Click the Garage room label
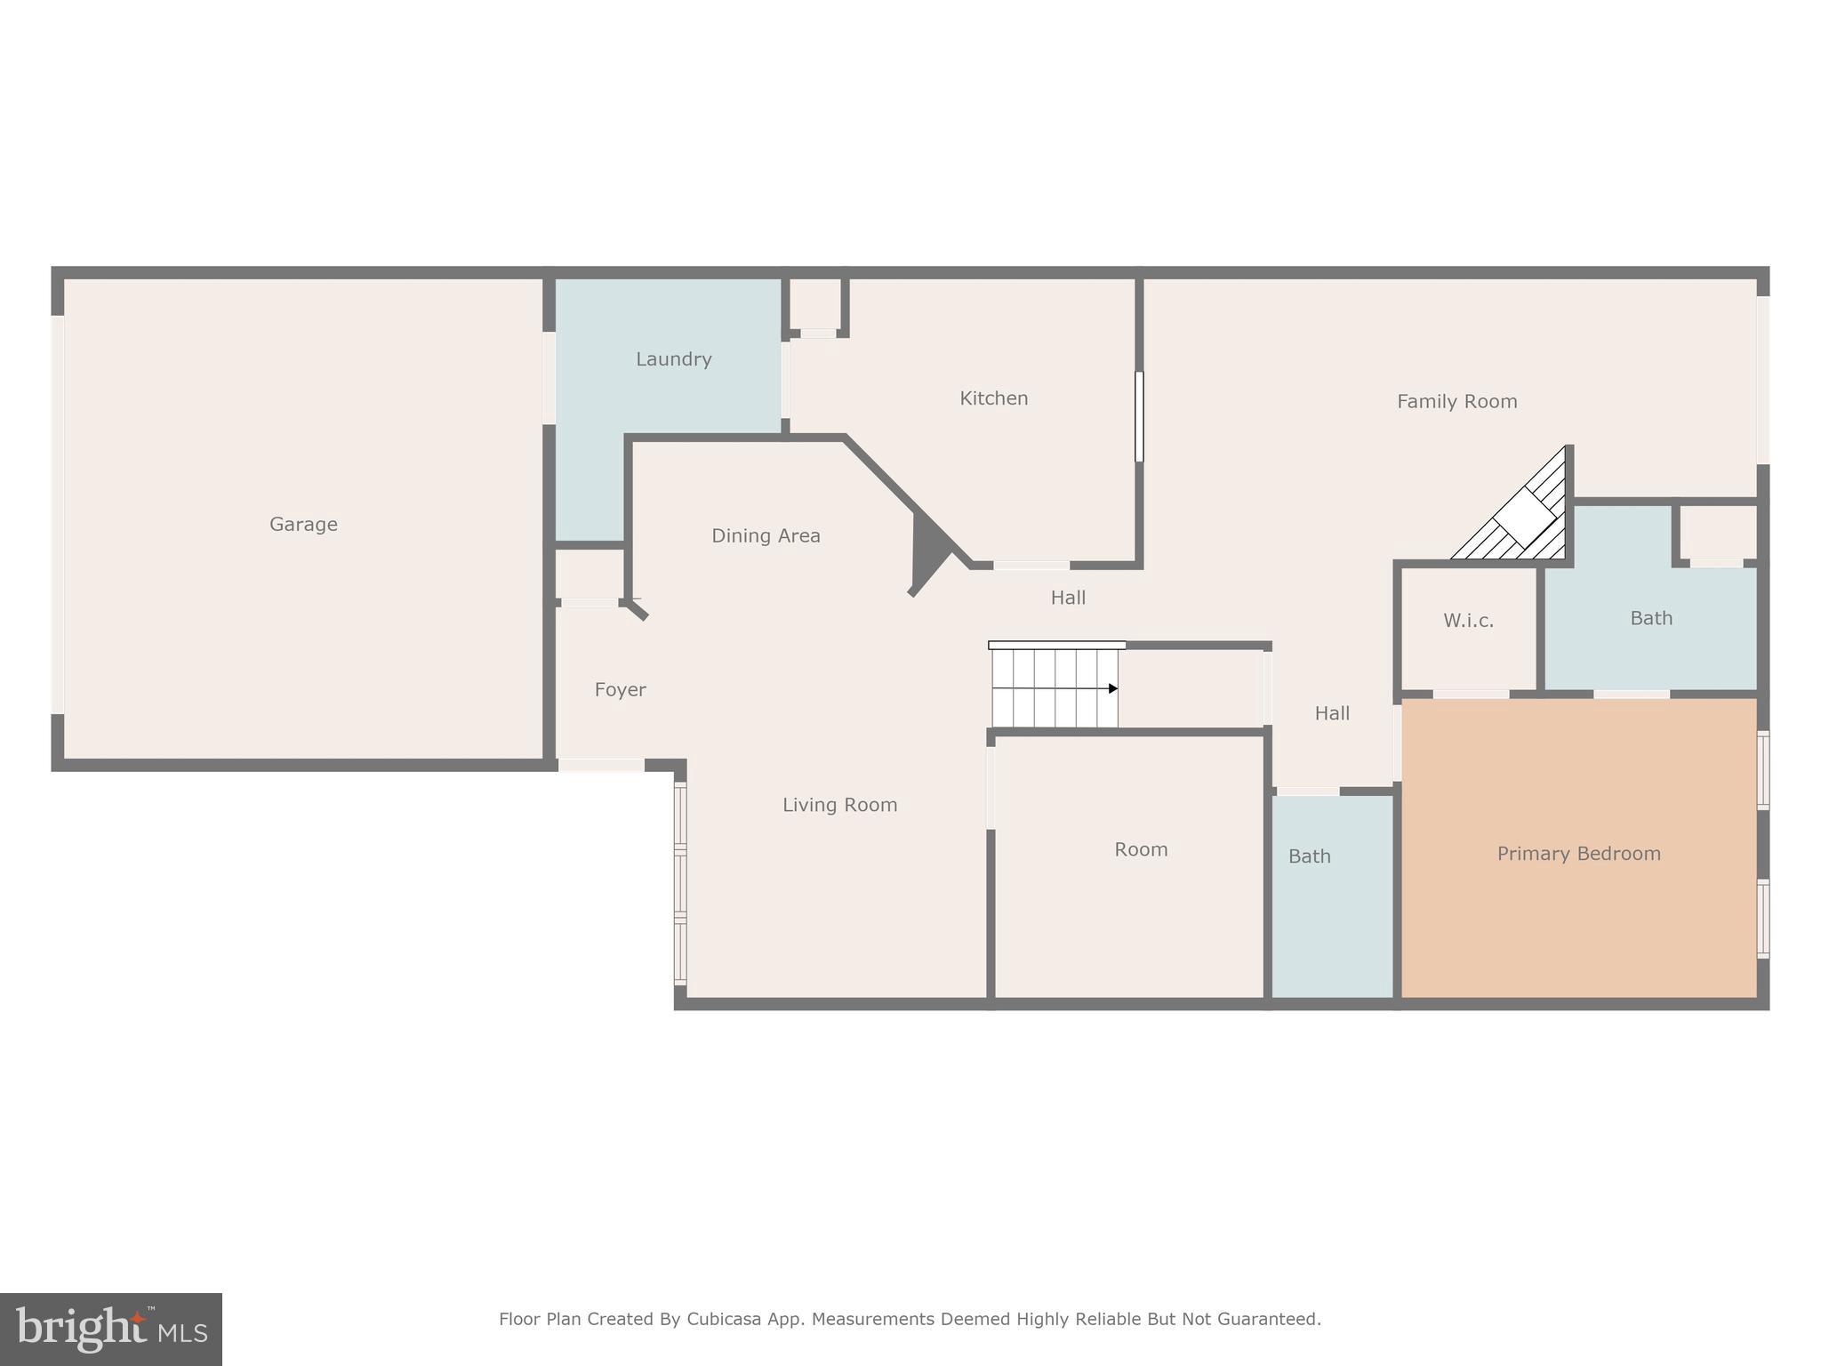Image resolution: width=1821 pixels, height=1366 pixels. pyautogui.click(x=303, y=525)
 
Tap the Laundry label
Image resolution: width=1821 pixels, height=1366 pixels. pyautogui.click(x=673, y=359)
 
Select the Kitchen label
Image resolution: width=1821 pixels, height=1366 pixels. pyautogui.click(x=993, y=398)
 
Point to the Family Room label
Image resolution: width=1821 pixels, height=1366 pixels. pyautogui.click(x=1456, y=402)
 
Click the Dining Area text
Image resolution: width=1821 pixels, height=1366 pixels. pyautogui.click(x=766, y=536)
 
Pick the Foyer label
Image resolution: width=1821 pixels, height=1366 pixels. pyautogui.click(x=620, y=690)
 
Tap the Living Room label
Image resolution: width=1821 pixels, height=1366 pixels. pyautogui.click(x=839, y=805)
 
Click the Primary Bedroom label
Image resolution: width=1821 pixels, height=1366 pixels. pyautogui.click(x=1578, y=854)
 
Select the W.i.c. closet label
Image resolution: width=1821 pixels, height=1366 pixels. pyautogui.click(x=1468, y=621)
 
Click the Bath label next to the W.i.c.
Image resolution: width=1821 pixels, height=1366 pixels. pyautogui.click(x=1650, y=618)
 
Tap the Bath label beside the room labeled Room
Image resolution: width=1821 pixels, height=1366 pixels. pyautogui.click(x=1309, y=856)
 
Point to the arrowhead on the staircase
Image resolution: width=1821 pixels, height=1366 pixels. pyautogui.click(x=1112, y=688)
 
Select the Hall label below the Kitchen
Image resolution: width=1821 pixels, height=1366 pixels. pyautogui.click(x=1068, y=598)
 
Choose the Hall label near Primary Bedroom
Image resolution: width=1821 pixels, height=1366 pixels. pyautogui.click(x=1331, y=713)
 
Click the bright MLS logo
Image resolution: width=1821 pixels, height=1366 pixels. pyautogui.click(x=111, y=1329)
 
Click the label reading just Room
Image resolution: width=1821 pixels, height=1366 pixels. pyautogui.click(x=1141, y=849)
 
